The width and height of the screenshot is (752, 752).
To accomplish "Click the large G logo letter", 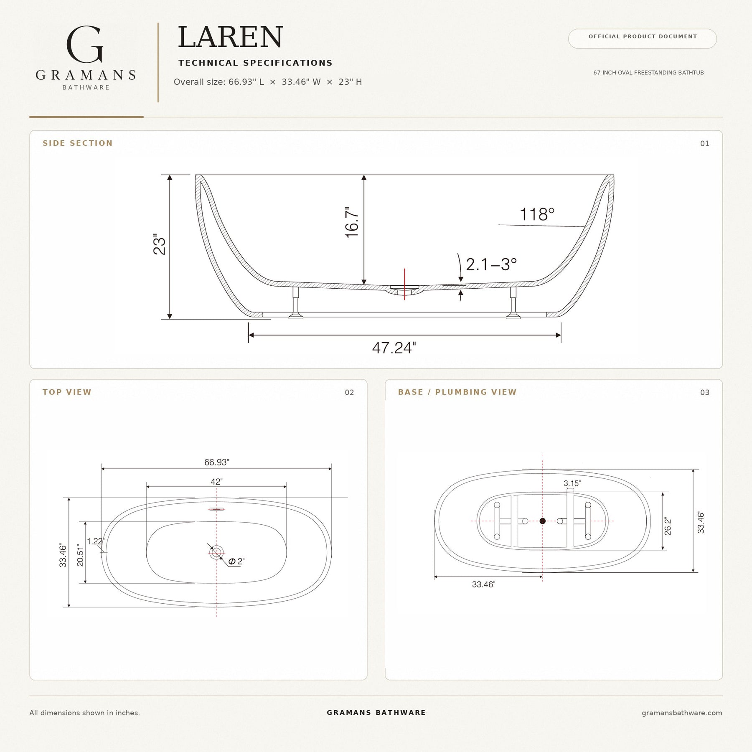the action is click(85, 45).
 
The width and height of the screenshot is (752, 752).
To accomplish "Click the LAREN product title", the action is click(231, 37).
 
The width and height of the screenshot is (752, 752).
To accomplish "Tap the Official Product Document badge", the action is click(642, 38).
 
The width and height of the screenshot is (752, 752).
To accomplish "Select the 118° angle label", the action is click(537, 214).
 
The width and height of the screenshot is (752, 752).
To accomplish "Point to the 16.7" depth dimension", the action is click(352, 222).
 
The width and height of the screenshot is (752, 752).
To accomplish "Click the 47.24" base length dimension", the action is click(394, 348).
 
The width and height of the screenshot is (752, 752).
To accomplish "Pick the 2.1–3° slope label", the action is click(491, 264).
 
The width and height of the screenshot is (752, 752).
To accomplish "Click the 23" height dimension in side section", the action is click(160, 244).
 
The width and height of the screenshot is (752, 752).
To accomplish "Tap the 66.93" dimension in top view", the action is click(216, 462).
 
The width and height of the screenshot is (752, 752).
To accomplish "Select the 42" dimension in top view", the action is click(216, 482).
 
